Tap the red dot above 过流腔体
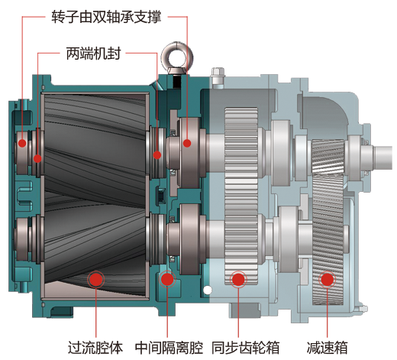[x=95, y=279]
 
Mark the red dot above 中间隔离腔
[x=167, y=279]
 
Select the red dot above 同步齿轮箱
[x=238, y=279]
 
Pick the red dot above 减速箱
[x=327, y=279]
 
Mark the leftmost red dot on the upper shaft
[x=23, y=143]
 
